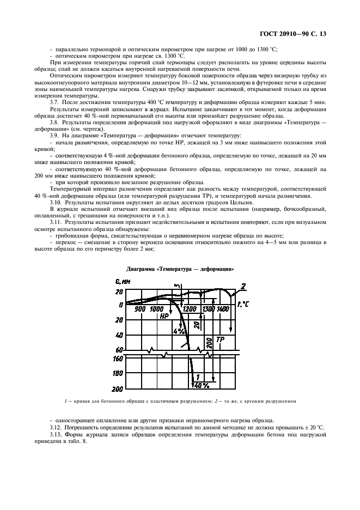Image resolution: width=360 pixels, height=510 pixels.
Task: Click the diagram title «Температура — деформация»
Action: (180, 269)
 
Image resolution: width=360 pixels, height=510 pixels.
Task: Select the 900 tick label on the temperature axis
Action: (139, 309)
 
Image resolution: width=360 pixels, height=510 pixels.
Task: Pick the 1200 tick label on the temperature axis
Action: (190, 309)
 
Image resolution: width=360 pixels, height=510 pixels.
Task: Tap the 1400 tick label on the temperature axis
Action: (222, 309)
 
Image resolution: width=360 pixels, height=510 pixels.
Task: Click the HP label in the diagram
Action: (164, 316)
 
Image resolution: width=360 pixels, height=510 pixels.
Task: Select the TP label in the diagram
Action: (220, 339)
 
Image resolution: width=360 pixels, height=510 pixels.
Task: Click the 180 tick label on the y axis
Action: (117, 374)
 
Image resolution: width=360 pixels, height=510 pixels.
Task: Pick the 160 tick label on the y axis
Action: (117, 359)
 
